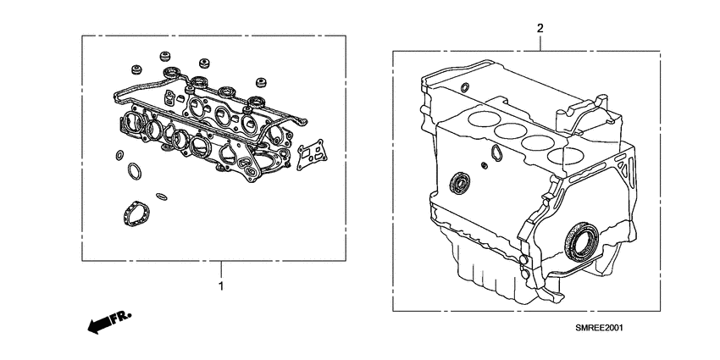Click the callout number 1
coord(221,286)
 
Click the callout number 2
coord(540,29)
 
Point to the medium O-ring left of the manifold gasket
coord(135,173)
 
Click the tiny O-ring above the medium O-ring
coord(116,155)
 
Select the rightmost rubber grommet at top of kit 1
coord(261,83)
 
